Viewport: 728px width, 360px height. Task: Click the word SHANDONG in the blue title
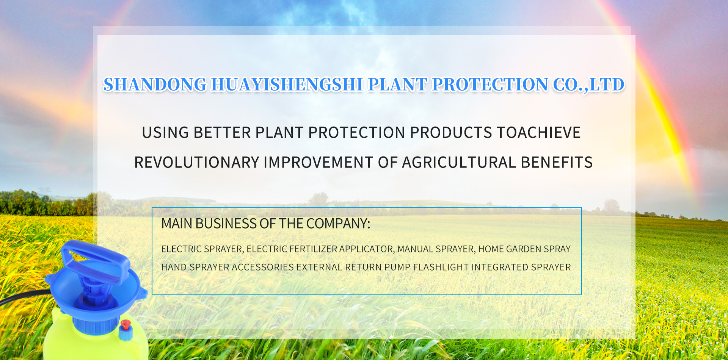(x=155, y=85)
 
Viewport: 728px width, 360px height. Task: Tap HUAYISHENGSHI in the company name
(x=287, y=85)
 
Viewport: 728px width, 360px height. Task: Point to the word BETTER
(x=222, y=133)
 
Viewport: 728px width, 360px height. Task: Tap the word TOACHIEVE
(x=538, y=133)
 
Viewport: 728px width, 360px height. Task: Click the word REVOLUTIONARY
(x=197, y=163)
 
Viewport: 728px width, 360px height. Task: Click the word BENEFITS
(x=557, y=163)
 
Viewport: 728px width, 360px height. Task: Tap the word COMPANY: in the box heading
(x=338, y=224)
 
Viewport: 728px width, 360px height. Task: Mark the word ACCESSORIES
(x=263, y=267)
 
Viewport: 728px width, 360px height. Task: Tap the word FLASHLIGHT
(x=441, y=267)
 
